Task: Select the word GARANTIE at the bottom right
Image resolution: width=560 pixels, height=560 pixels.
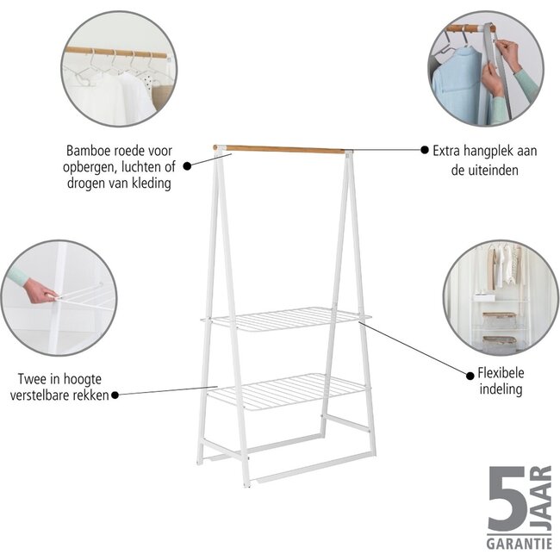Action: pos(519,545)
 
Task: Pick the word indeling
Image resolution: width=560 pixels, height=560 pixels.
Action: pos(501,389)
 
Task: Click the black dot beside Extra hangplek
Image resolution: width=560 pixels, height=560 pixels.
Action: pos(425,149)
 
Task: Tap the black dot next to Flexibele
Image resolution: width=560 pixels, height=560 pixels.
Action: pos(468,374)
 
